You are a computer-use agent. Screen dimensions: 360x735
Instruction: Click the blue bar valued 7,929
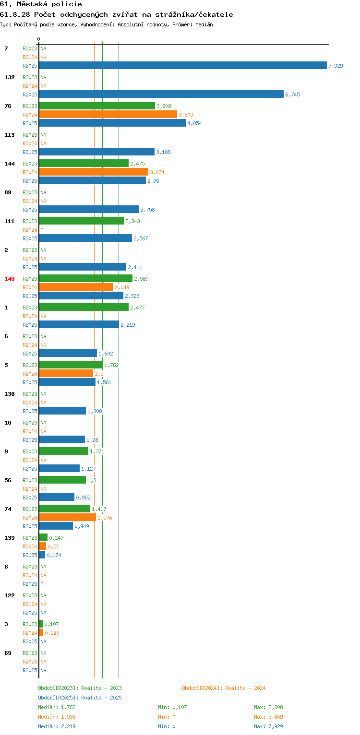click(183, 65)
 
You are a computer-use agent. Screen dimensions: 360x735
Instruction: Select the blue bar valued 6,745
click(161, 94)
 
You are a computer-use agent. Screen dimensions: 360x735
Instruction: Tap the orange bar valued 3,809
click(108, 114)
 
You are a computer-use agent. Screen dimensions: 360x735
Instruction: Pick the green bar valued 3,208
click(97, 106)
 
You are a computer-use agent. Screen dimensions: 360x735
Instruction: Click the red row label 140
click(10, 279)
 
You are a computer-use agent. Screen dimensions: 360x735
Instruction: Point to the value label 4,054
click(194, 123)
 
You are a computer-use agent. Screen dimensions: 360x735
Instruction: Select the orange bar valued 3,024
click(94, 172)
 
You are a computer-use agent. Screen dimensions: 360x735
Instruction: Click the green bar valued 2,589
click(85, 278)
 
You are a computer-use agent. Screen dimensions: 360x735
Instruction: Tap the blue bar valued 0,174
click(42, 555)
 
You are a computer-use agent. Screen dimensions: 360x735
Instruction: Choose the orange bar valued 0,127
click(41, 632)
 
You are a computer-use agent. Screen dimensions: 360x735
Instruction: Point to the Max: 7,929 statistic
click(268, 726)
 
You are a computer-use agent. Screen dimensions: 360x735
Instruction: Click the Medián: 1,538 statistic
click(57, 717)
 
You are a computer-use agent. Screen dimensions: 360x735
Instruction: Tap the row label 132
click(10, 77)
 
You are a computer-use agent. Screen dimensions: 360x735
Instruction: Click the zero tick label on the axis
click(39, 39)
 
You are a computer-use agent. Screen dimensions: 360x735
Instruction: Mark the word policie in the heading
click(67, 4)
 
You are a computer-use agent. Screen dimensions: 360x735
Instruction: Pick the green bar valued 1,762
click(71, 365)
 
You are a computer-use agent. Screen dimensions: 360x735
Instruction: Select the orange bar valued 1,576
click(68, 517)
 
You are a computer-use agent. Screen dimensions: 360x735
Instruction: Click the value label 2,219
click(128, 325)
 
